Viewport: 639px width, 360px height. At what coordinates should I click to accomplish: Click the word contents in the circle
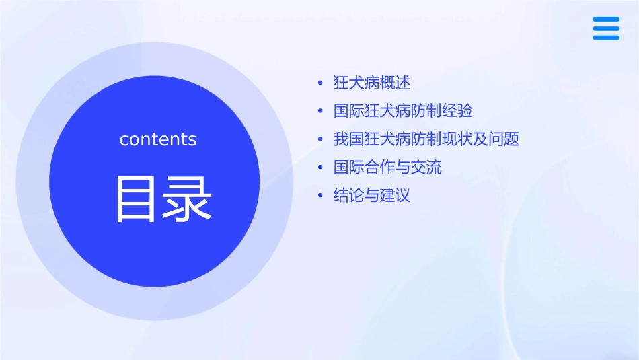pyautogui.click(x=158, y=139)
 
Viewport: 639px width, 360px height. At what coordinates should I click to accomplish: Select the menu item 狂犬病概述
pyautogui.click(x=372, y=83)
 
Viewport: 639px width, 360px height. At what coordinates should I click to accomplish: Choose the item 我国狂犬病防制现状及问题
pyautogui.click(x=426, y=139)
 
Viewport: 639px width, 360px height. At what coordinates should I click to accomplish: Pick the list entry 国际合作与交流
pyautogui.click(x=387, y=167)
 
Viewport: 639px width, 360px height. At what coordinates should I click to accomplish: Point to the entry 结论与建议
pyautogui.click(x=372, y=196)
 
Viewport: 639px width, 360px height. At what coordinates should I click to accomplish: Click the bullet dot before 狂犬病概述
pyautogui.click(x=320, y=83)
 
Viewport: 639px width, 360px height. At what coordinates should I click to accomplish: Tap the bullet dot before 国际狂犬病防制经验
pyautogui.click(x=320, y=112)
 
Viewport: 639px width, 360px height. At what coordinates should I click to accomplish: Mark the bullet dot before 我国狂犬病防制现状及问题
pyautogui.click(x=320, y=140)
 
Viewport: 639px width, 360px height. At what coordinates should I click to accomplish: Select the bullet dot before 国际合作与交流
pyautogui.click(x=320, y=168)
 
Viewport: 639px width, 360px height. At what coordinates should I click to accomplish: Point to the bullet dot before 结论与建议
pyautogui.click(x=320, y=196)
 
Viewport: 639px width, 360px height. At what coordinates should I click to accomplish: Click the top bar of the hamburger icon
pyautogui.click(x=606, y=19)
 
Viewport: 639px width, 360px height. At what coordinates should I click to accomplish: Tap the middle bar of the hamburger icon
pyautogui.click(x=606, y=28)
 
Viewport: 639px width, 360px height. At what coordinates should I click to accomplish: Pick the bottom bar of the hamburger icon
pyautogui.click(x=606, y=38)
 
